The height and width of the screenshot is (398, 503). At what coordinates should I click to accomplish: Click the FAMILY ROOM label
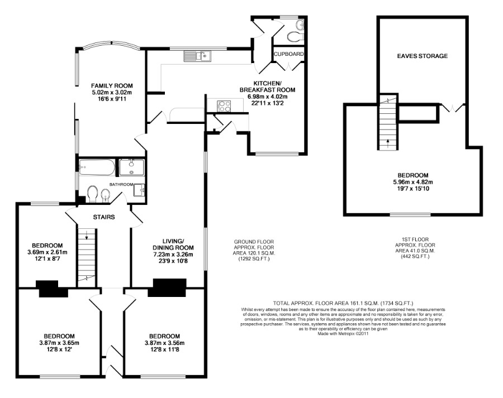pyautogui.click(x=112, y=85)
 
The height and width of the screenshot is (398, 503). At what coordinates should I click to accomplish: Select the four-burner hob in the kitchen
pyautogui.click(x=224, y=106)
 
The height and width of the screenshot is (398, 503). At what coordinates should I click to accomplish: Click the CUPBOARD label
pyautogui.click(x=289, y=54)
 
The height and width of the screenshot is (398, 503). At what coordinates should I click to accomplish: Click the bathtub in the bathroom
pyautogui.click(x=97, y=167)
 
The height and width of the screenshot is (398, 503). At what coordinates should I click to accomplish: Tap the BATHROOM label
pyautogui.click(x=121, y=184)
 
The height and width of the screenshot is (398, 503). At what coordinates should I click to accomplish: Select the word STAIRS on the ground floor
pyautogui.click(x=104, y=217)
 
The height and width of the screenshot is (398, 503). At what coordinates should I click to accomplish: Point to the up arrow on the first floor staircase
pyautogui.click(x=388, y=143)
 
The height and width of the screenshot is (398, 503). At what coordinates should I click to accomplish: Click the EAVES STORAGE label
pyautogui.click(x=422, y=56)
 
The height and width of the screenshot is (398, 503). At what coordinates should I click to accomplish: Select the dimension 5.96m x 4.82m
pyautogui.click(x=413, y=182)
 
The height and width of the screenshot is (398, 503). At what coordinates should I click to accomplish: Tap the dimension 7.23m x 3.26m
pyautogui.click(x=173, y=255)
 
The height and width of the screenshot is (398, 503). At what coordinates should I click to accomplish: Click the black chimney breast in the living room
pyautogui.click(x=170, y=287)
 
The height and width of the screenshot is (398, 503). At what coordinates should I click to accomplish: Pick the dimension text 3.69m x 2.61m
pyautogui.click(x=48, y=252)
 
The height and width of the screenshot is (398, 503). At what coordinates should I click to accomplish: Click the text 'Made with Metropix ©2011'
pyautogui.click(x=343, y=333)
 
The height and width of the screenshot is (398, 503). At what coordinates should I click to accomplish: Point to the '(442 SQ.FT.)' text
pyautogui.click(x=415, y=256)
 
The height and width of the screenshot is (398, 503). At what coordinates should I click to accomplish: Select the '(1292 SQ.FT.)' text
pyautogui.click(x=254, y=258)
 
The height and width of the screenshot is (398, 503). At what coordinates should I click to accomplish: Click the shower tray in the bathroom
pyautogui.click(x=132, y=167)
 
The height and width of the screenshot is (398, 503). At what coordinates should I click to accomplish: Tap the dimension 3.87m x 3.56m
pyautogui.click(x=164, y=343)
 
